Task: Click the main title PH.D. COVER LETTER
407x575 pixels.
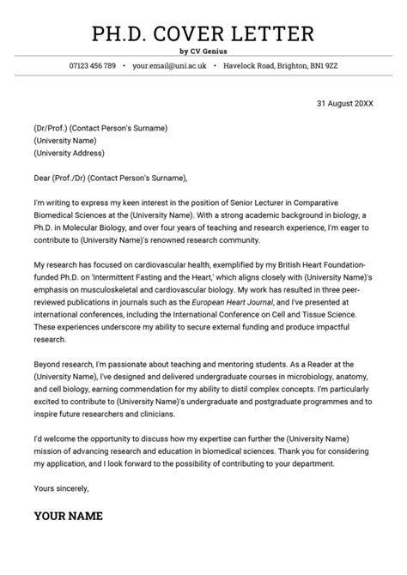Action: tap(203, 33)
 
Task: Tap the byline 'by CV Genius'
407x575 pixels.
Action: tap(203, 52)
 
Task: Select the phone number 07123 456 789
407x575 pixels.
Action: tap(92, 66)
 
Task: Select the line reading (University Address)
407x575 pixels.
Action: tap(70, 154)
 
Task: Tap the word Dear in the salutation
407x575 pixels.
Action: tap(43, 178)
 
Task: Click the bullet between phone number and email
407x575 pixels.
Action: tap(124, 66)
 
